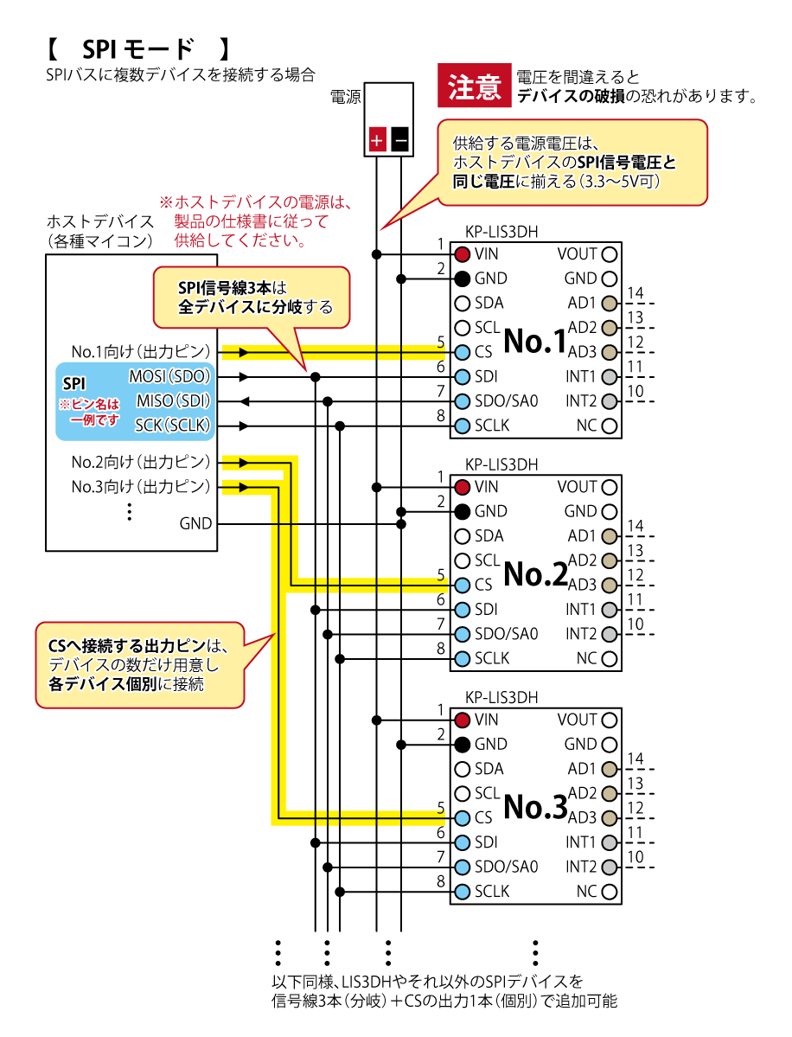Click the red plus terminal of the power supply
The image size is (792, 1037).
click(x=377, y=139)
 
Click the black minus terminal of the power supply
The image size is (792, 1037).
click(x=399, y=139)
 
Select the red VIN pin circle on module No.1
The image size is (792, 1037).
click(x=462, y=254)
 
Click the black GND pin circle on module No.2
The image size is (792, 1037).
click(x=462, y=511)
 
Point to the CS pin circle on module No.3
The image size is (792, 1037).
click(x=462, y=817)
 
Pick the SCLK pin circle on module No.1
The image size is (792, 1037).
click(x=462, y=426)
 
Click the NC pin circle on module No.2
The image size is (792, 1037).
click(x=610, y=658)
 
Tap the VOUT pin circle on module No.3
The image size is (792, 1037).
click(x=610, y=720)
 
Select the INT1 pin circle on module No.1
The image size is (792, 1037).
click(x=610, y=377)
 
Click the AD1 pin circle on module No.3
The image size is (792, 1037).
click(x=610, y=768)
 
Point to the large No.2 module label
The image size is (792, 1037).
click(x=534, y=573)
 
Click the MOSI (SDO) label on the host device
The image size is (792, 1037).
click(x=169, y=377)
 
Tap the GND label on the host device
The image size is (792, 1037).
click(x=195, y=523)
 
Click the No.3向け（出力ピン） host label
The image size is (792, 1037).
click(x=141, y=487)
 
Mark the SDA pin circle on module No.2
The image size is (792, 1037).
click(x=462, y=536)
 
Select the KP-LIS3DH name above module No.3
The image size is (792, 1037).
click(x=501, y=697)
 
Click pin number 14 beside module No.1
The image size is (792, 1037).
click(x=636, y=293)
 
